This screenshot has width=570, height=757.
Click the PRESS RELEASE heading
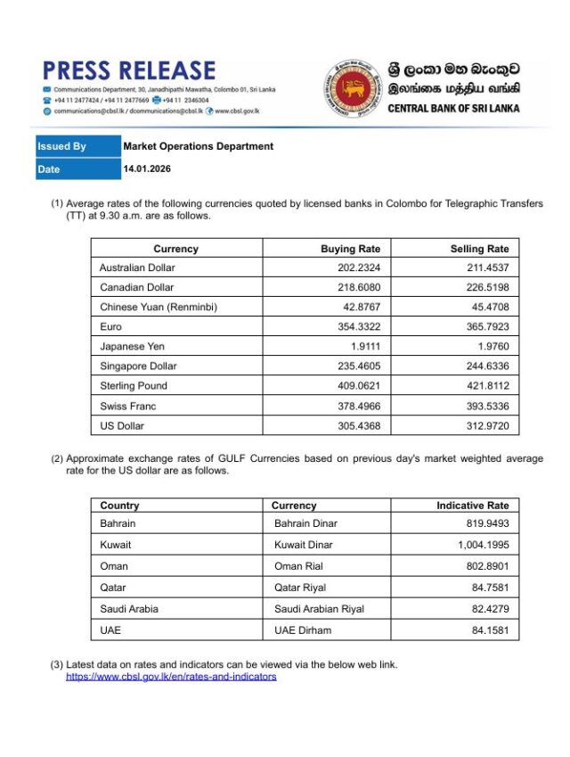tap(128, 70)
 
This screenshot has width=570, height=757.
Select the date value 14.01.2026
tap(146, 169)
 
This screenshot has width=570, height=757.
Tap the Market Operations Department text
tap(198, 146)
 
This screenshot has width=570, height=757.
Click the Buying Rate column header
tap(350, 249)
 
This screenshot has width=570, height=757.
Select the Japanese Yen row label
tap(132, 347)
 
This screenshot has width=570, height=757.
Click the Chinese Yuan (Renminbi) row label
tap(159, 308)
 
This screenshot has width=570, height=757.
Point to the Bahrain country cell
tap(118, 523)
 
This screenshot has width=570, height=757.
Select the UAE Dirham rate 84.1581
tap(485, 630)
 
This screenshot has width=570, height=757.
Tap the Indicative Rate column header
tap(472, 506)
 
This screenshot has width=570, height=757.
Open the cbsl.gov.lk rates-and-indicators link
tap(171, 677)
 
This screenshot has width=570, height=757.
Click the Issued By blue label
tap(61, 146)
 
